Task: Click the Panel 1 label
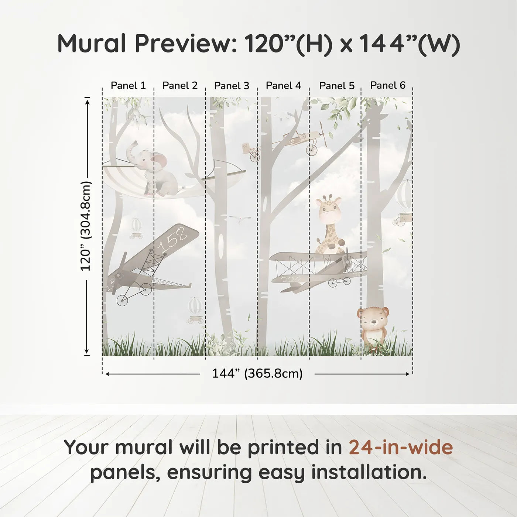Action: pos(128,86)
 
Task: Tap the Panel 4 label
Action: pos(283,86)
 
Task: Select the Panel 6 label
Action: pos(388,85)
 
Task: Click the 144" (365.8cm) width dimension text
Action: pos(257,374)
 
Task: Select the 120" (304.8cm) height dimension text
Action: pos(86,226)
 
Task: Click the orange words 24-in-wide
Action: pos(401,447)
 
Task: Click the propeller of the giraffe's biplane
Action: pos(347,260)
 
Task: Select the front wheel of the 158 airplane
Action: pos(122,300)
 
